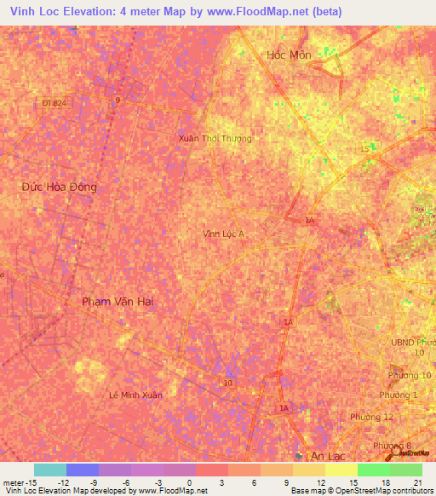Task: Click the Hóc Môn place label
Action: coord(289,54)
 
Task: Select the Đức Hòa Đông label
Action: coord(60,187)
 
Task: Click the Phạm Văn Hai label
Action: coord(118,302)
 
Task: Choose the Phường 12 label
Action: coord(371,416)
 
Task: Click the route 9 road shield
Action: coord(118,100)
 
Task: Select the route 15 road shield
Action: coord(364,149)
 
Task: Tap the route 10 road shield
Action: coord(227,383)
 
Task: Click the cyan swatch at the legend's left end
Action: coord(50,470)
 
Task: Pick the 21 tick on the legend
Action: coord(417,482)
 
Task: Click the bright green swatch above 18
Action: coord(373,470)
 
